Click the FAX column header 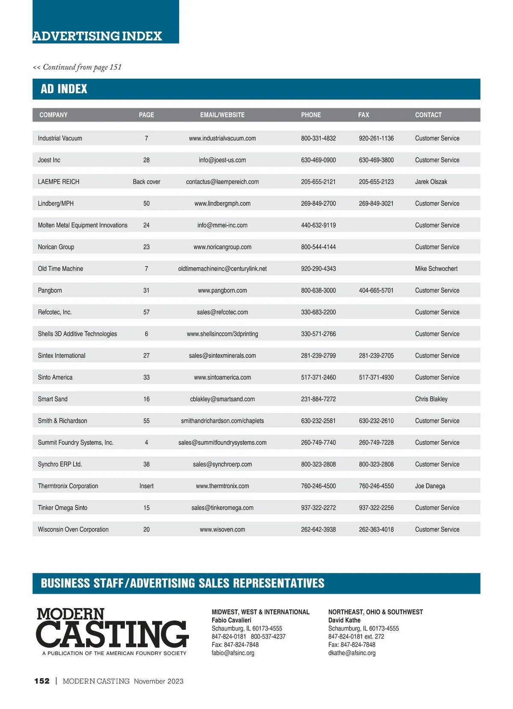click(363, 115)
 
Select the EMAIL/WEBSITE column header click(222, 115)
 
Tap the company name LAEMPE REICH click(59, 181)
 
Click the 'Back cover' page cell click(146, 181)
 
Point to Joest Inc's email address click(222, 160)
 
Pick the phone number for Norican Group click(318, 247)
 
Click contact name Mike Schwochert click(436, 269)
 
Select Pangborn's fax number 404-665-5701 click(376, 290)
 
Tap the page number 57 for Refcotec click(146, 312)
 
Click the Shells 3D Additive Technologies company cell click(77, 334)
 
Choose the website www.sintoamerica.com click(222, 377)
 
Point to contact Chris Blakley click(431, 399)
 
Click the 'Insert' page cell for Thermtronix click(146, 486)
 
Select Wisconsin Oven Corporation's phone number click(318, 529)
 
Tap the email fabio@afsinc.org click(233, 653)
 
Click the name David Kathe click(344, 620)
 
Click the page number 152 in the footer click(42, 681)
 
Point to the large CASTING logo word click(112, 634)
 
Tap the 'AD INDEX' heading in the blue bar click(64, 89)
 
